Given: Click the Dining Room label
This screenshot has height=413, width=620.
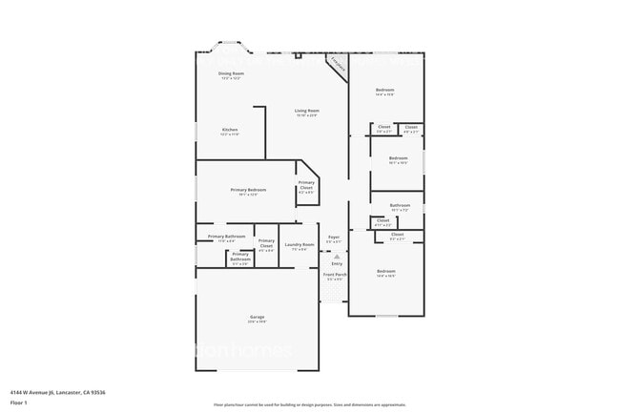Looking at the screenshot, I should point(231,73).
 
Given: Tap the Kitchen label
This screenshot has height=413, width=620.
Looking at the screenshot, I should point(230,130).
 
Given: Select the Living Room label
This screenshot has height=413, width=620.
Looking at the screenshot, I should point(306,112).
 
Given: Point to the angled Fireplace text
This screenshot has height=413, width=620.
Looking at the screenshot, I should point(337,63).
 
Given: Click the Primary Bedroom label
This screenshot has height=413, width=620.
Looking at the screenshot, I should point(248,190).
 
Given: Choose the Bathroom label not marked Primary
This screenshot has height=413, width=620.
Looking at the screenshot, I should point(400,205).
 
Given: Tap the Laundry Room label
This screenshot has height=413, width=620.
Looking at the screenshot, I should point(300,245).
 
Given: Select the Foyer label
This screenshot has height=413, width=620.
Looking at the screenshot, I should point(334,237).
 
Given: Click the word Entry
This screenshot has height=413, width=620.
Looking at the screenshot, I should point(337,263).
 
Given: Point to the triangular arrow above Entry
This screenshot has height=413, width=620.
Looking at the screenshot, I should point(336,256).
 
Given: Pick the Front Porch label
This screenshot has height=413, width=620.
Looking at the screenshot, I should point(336,275).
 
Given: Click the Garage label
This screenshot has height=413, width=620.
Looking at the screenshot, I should point(258,317).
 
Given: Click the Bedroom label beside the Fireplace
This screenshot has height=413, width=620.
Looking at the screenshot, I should point(384,90).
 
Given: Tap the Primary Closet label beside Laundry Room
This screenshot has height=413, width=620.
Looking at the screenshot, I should point(266,242).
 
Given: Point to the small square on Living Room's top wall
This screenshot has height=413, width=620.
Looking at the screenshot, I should point(299,55).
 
